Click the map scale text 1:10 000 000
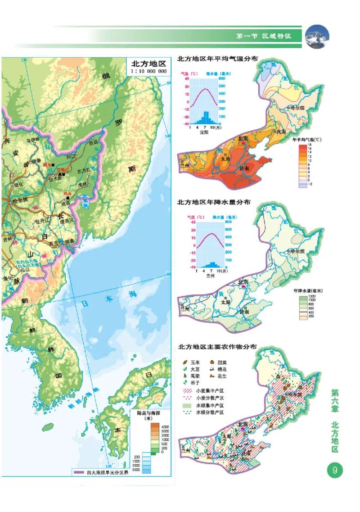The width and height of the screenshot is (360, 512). [148, 71]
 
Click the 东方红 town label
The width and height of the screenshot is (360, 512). [84, 171]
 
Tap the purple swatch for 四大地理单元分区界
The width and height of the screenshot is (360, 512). [77, 472]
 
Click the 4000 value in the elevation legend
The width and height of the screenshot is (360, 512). [165, 426]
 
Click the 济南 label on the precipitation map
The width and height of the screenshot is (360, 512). [243, 311]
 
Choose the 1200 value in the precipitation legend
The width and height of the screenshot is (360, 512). [310, 296]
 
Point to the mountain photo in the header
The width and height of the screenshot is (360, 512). [317, 36]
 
